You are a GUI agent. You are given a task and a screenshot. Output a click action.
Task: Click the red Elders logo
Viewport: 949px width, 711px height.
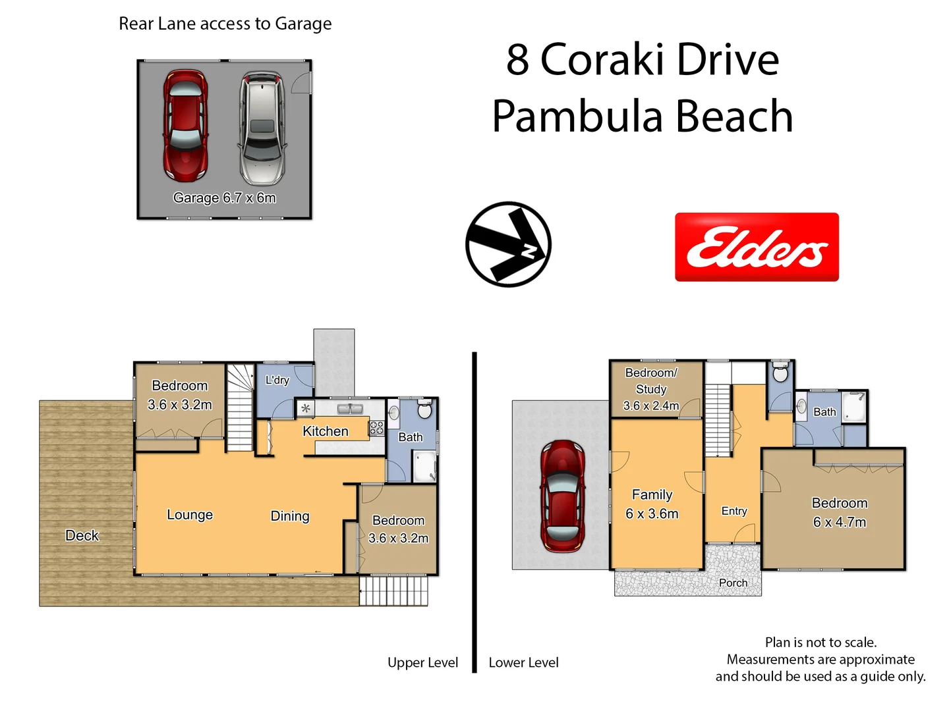757,247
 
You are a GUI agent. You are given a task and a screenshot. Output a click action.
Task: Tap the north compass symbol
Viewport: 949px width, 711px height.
508,244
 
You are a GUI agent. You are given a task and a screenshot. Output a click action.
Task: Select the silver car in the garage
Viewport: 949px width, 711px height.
262,128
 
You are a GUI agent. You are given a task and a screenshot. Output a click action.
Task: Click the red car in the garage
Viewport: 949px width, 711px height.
185,125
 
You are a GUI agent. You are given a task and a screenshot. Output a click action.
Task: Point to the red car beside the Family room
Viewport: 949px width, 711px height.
563,496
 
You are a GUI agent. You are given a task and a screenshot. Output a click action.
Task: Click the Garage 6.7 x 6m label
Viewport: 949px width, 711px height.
224,197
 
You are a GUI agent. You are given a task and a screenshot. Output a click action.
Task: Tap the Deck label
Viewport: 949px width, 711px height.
82,535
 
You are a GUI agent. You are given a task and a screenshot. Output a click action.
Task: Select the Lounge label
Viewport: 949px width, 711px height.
190,515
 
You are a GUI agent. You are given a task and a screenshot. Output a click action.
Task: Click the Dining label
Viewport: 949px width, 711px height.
290,516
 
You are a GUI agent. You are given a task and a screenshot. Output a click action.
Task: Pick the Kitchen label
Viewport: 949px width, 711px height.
326,431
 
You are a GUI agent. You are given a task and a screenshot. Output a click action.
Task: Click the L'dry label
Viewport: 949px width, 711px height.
277,380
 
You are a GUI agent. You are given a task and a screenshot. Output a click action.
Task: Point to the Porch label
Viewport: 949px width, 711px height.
733,583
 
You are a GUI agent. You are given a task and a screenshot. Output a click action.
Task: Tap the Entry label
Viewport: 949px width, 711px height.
734,511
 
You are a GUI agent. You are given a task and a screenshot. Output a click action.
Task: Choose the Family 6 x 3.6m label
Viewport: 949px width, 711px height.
652,504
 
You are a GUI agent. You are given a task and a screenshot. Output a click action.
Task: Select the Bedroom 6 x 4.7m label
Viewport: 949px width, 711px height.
840,512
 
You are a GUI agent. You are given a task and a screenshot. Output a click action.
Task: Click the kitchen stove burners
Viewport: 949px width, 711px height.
376,428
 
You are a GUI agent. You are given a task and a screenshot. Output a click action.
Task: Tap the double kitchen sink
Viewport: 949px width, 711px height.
350,408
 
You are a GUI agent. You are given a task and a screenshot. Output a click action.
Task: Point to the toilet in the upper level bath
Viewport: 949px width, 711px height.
425,408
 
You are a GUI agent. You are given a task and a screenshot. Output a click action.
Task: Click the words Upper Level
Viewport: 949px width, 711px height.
423,663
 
